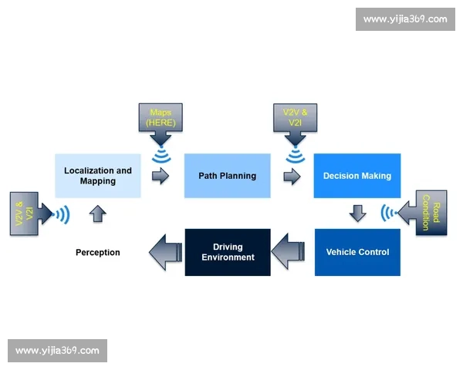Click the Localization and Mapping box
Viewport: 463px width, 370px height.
[x=98, y=176]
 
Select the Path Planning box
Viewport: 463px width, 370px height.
[x=228, y=176]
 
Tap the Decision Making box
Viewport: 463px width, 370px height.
[x=357, y=176]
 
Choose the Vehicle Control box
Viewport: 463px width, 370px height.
[x=357, y=252]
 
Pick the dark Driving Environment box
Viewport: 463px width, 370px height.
[x=228, y=252]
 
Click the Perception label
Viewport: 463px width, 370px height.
[x=98, y=252]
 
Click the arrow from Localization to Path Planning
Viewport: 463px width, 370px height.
[x=161, y=177]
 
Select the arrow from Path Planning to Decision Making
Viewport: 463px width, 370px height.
[x=292, y=177]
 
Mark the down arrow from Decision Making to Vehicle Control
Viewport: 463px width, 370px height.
[x=357, y=213]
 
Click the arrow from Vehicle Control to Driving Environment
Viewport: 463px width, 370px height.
[x=288, y=251]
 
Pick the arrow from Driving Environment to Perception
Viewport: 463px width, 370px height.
[x=166, y=252]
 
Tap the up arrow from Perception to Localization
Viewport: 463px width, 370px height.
[x=98, y=214]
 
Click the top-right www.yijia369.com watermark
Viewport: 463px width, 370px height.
[x=405, y=19]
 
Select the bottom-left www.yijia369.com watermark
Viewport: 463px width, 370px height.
[x=58, y=351]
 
